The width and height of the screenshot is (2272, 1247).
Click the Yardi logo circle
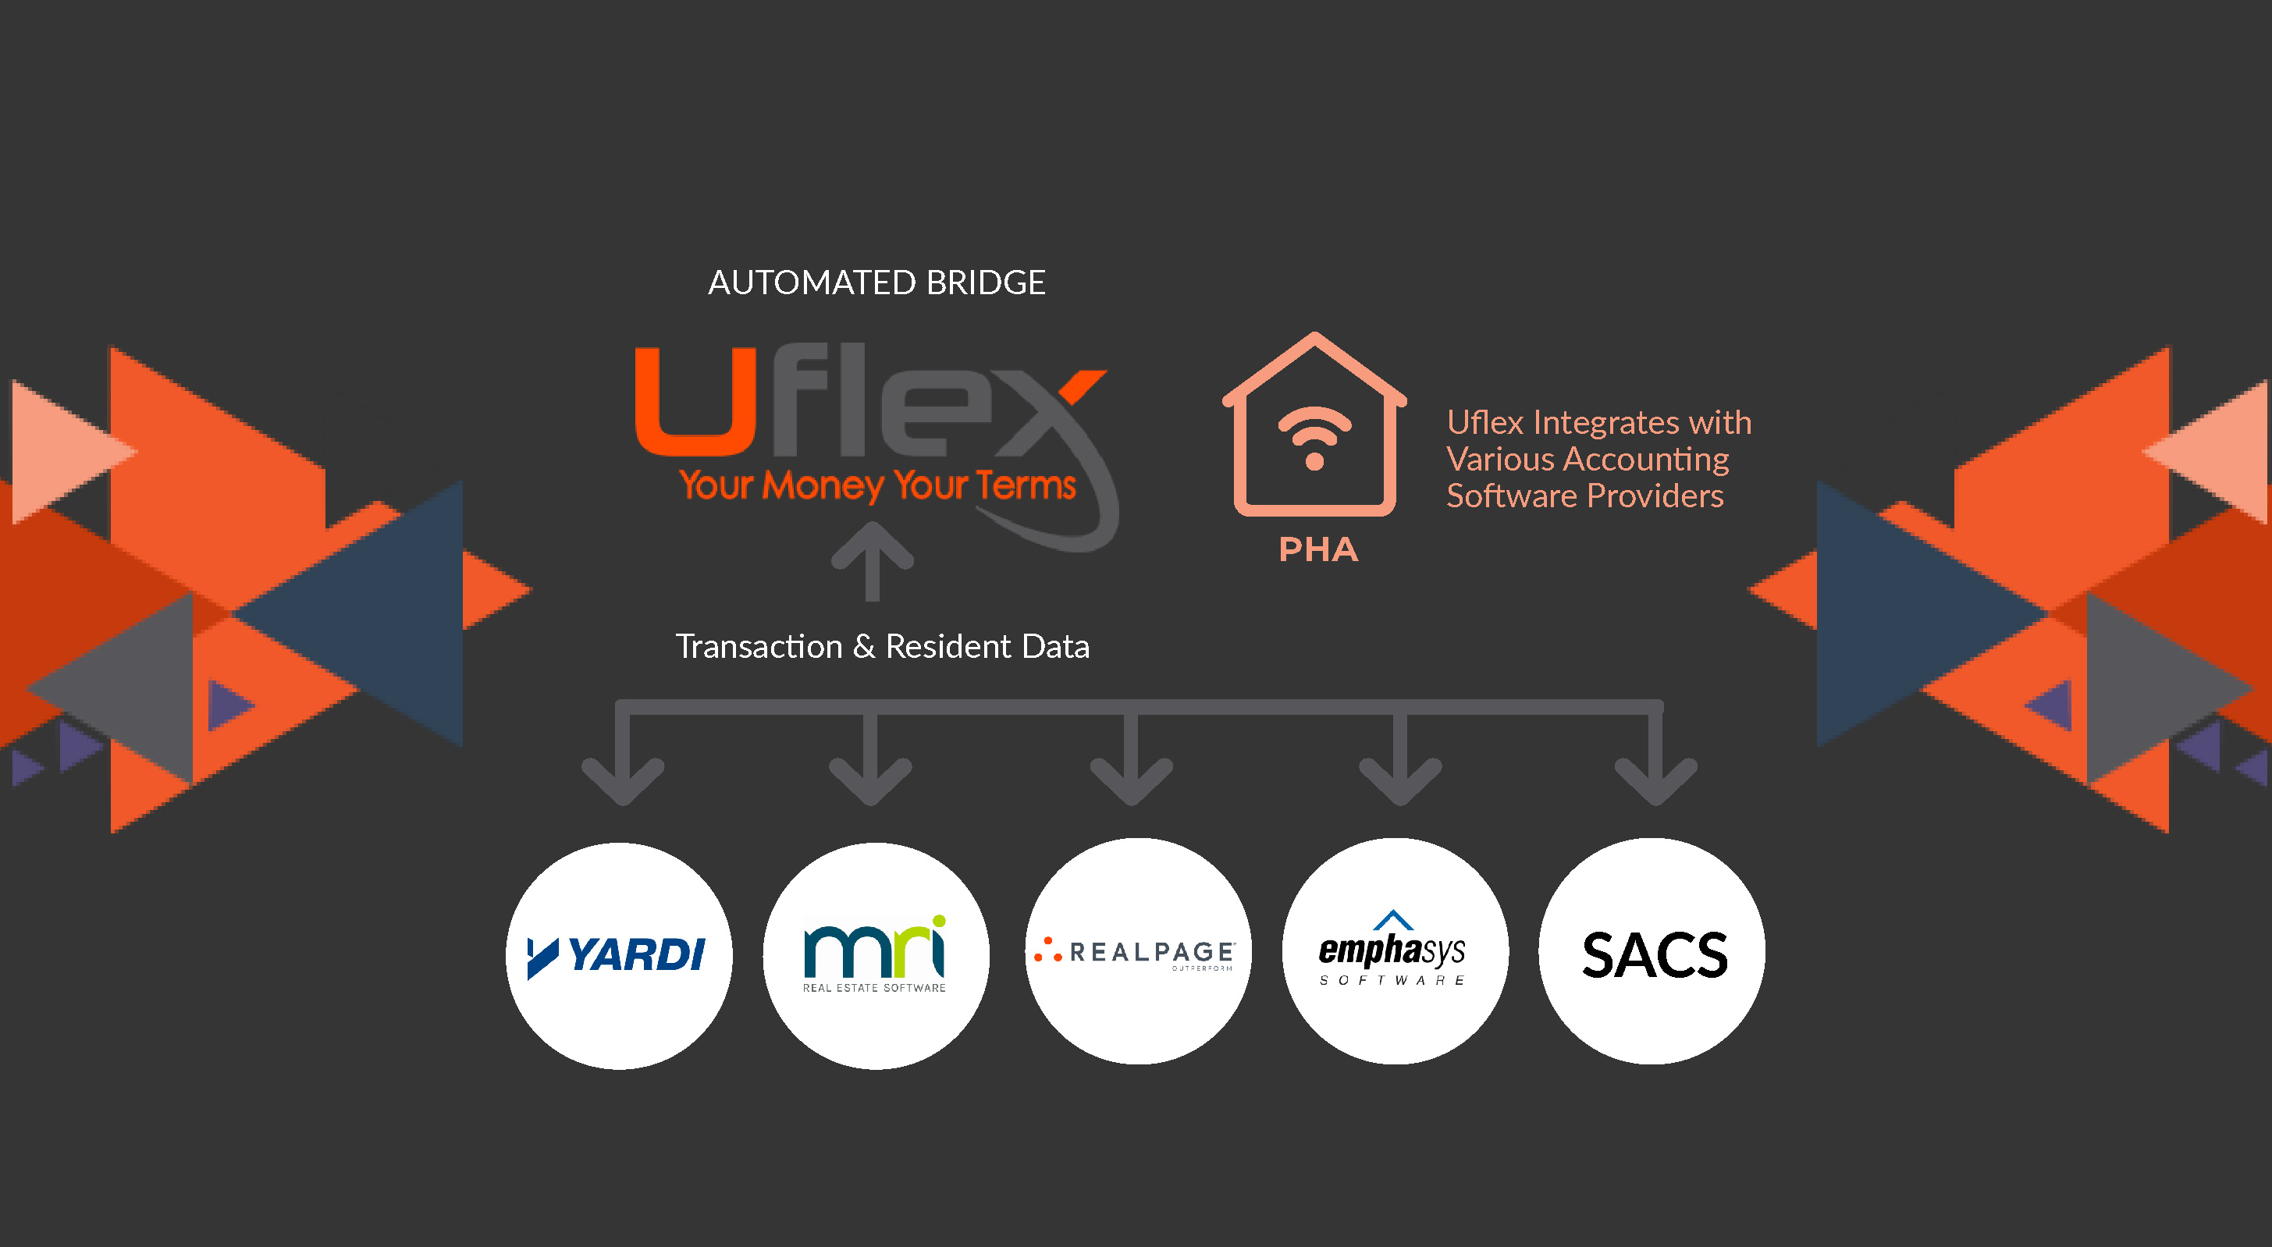click(619, 955)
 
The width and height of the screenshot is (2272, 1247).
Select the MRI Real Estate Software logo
click(875, 955)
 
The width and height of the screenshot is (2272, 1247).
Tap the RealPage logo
click(1138, 953)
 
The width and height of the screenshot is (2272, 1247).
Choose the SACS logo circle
click(1652, 953)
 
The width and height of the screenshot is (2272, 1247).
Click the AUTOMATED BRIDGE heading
click(876, 283)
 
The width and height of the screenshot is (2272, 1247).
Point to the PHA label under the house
click(1318, 549)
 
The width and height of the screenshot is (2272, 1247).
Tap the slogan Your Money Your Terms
click(877, 485)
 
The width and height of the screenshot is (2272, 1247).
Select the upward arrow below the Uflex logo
click(873, 561)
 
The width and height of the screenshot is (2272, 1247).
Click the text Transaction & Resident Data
click(883, 646)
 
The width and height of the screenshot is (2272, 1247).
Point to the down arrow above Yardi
click(623, 767)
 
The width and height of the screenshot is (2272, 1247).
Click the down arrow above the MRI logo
click(870, 767)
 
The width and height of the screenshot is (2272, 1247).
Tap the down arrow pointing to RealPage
click(1132, 767)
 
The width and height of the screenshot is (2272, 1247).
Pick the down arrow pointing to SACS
click(1655, 767)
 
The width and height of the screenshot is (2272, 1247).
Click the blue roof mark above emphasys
click(1393, 920)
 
